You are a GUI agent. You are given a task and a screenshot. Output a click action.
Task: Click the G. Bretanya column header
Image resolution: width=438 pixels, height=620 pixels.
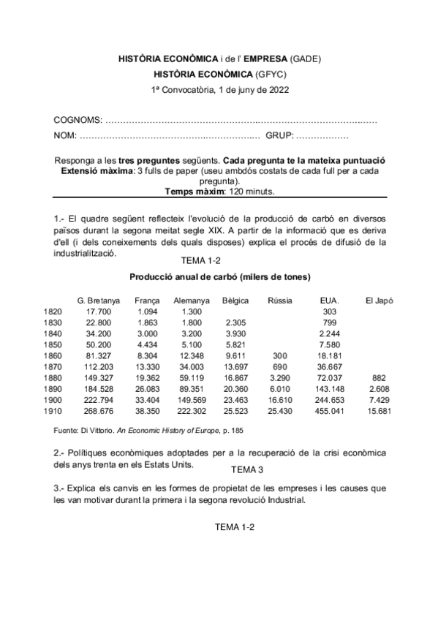click(x=99, y=300)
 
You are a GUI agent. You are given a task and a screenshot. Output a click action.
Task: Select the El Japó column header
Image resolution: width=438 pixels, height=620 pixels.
click(x=380, y=300)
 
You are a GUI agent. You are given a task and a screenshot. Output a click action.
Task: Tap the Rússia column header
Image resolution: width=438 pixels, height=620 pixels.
click(x=279, y=300)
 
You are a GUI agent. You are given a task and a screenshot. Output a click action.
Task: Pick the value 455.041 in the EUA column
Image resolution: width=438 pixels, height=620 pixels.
click(x=329, y=411)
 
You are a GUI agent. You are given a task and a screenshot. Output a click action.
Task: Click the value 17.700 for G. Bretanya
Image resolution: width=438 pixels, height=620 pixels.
click(x=98, y=311)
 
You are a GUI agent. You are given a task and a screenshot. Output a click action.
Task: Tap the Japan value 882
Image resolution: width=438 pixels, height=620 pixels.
click(x=379, y=378)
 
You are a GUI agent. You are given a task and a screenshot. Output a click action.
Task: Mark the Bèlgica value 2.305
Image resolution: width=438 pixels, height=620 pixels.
click(x=235, y=322)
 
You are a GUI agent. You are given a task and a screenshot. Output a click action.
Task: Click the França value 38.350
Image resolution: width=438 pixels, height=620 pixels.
click(x=147, y=411)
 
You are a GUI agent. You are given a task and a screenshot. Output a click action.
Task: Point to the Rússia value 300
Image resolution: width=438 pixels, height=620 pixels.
click(x=279, y=356)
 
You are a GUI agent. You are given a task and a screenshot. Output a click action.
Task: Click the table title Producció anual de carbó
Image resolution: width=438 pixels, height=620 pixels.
click(x=220, y=277)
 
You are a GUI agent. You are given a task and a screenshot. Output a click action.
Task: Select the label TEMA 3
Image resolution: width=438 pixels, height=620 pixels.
click(x=246, y=469)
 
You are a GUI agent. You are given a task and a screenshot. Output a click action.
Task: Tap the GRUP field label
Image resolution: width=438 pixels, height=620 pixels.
click(x=279, y=136)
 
